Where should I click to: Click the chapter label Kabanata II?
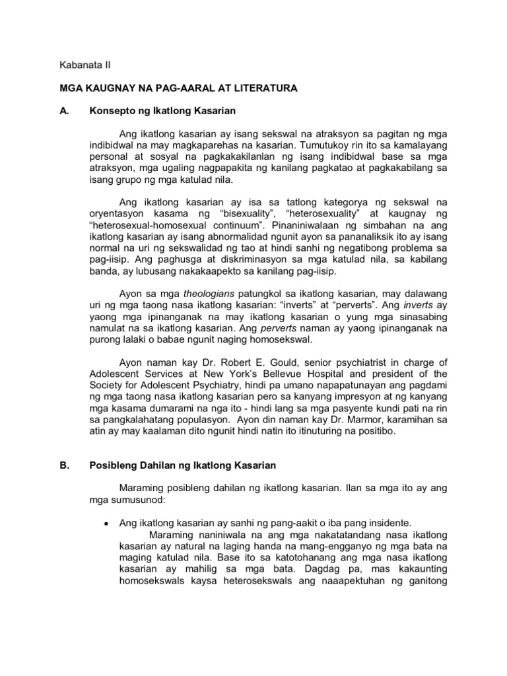pyautogui.click(x=79, y=65)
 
